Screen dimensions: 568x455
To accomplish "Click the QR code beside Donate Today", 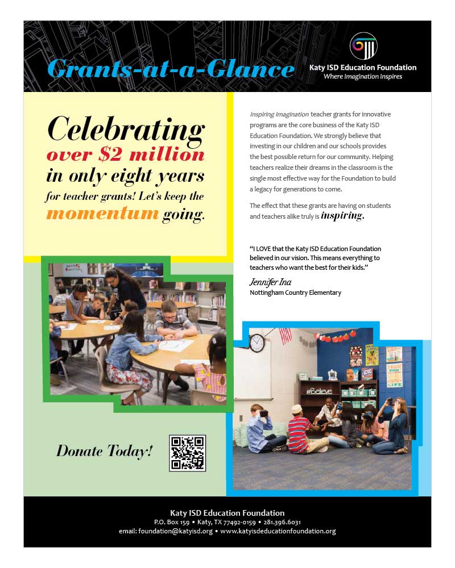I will click(188, 453).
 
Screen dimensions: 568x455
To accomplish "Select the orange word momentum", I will click(102, 214).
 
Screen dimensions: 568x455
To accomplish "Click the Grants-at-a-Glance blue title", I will click(171, 69).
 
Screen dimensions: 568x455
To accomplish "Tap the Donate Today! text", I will click(104, 452).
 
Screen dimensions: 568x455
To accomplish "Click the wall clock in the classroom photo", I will click(257, 343).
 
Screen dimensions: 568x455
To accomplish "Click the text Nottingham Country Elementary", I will click(295, 293).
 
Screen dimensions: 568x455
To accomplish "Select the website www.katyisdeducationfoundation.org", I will click(278, 532).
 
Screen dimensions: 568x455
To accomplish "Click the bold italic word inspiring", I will click(342, 216).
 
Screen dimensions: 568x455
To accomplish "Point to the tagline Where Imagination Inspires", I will click(362, 77).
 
